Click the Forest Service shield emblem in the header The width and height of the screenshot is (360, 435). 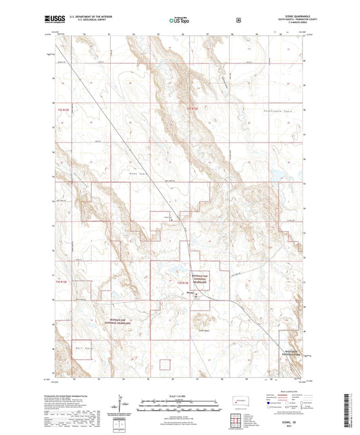pos(237,20)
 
